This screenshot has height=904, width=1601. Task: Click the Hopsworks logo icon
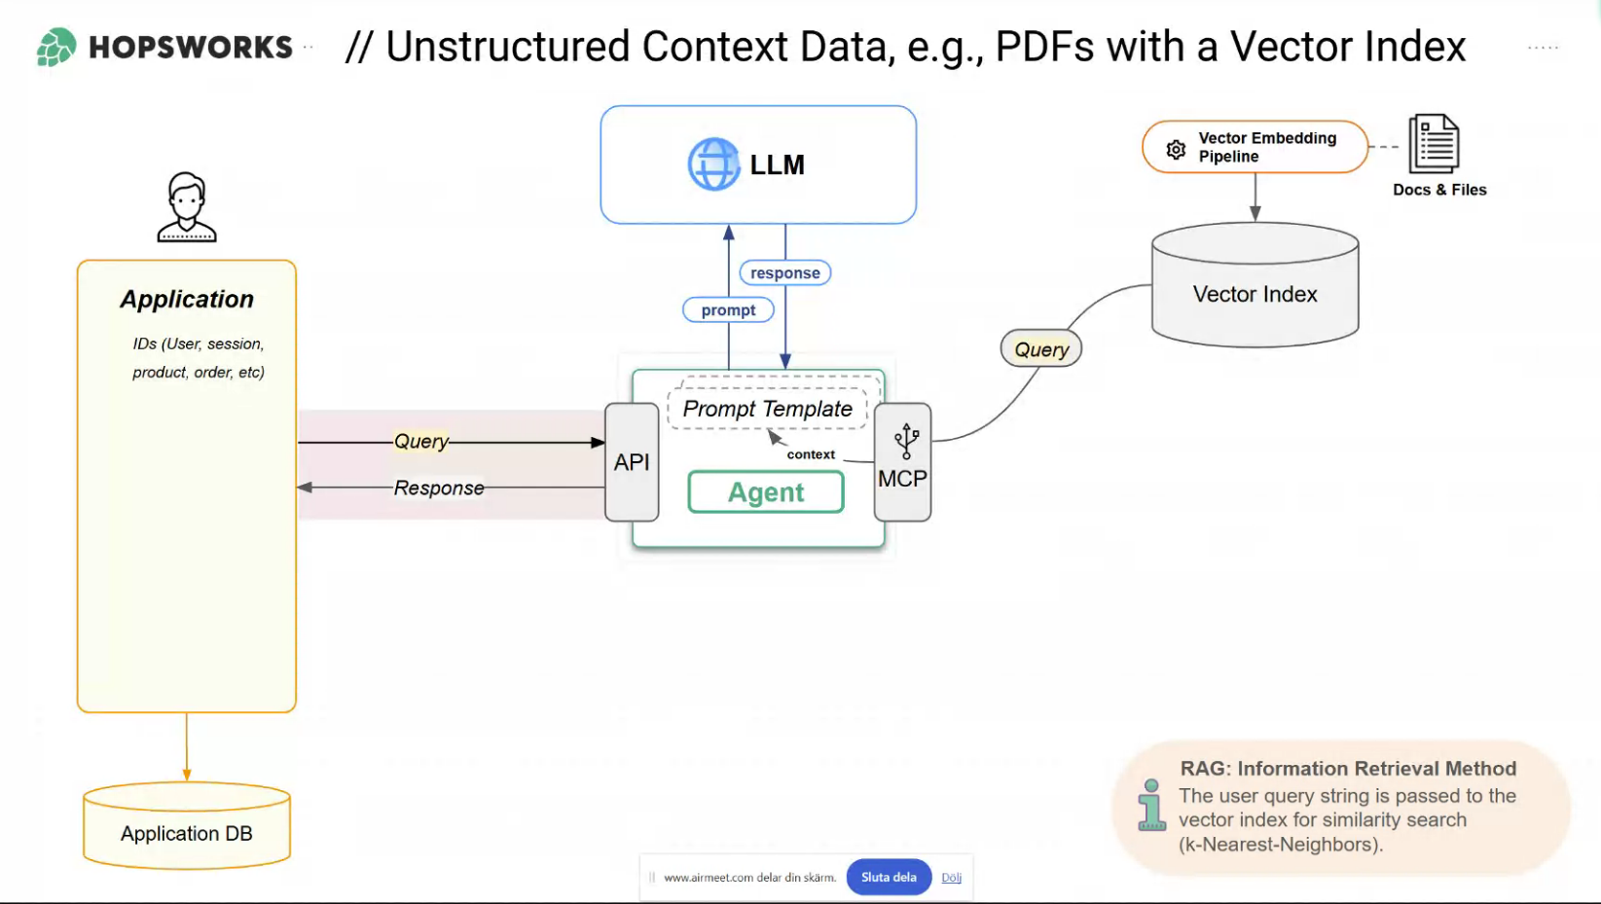pos(56,47)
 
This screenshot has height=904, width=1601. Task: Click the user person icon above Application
pos(187,207)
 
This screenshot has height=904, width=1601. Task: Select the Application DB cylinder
pos(187,826)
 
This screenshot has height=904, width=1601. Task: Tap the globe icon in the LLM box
pos(713,164)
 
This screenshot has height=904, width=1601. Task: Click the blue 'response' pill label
pos(784,273)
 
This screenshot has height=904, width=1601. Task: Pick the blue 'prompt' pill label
pos(728,310)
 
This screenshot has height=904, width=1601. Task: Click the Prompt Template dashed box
pos(767,409)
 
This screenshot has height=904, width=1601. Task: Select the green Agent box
pos(766,492)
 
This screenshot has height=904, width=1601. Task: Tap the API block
pos(632,462)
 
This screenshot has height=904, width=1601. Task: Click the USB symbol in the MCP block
pos(906,441)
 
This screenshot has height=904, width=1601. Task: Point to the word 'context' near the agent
pos(811,454)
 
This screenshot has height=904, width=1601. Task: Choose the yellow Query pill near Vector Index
pos(1041,349)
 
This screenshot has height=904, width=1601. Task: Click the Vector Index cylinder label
pos(1255,294)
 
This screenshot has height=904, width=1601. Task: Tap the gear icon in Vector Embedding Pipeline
pos(1176,149)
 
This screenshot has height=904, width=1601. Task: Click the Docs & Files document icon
pos(1434,144)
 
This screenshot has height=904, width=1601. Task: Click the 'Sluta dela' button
pos(889,877)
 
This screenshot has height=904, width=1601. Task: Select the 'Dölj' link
pos(951,878)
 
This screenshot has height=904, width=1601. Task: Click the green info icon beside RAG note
pos(1151,805)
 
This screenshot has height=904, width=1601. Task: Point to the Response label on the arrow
pos(439,488)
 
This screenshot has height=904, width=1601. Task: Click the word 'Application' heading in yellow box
pos(187,300)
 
